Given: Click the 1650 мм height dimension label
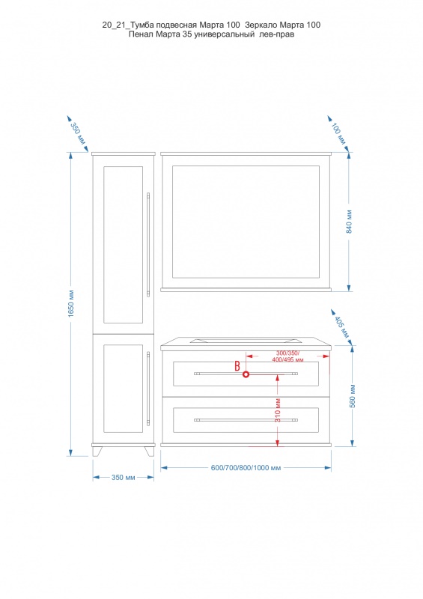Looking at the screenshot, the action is click(71, 304).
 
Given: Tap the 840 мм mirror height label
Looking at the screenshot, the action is click(349, 222).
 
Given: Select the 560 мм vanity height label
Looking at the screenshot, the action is click(353, 396).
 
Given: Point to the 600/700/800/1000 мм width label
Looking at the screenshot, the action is click(246, 467).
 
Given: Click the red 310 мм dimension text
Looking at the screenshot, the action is click(279, 410).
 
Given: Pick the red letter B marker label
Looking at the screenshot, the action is click(237, 366).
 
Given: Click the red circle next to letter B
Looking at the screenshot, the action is click(246, 374).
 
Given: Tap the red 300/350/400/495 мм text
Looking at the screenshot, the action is click(288, 356).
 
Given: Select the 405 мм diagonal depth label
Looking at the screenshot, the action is click(342, 327).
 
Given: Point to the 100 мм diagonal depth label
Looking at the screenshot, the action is click(338, 134).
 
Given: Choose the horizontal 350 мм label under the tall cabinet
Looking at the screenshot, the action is click(123, 478).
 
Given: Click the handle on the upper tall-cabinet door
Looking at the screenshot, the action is click(148, 245).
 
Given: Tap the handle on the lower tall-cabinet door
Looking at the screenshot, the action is click(148, 388).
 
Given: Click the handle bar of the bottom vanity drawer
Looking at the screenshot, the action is click(246, 420).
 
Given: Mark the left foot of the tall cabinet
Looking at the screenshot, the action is click(97, 451).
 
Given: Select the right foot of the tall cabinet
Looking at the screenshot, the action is click(150, 451).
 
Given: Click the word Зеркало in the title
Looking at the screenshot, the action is click(261, 25).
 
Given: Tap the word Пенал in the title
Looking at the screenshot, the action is click(141, 34).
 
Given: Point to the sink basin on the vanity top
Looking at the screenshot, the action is click(246, 340).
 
